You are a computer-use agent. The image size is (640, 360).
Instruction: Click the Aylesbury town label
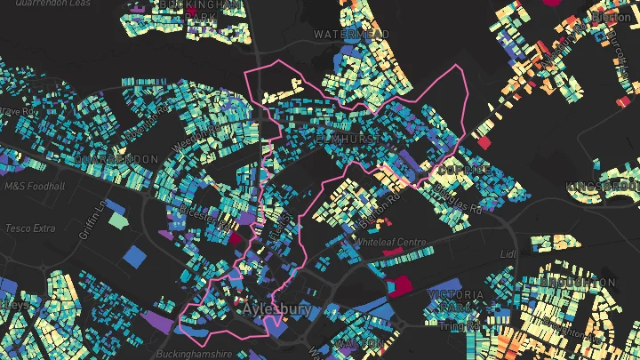tap(276, 310)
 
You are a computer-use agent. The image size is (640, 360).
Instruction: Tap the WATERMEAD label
tap(352, 34)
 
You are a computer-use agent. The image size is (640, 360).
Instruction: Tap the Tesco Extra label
tap(30, 228)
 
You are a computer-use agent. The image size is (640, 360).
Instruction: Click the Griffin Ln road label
tap(92, 220)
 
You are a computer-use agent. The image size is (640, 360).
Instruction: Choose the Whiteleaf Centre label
tap(391, 242)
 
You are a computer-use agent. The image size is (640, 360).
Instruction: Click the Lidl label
tap(508, 254)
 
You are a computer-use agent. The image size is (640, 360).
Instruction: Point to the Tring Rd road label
tap(462, 326)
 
